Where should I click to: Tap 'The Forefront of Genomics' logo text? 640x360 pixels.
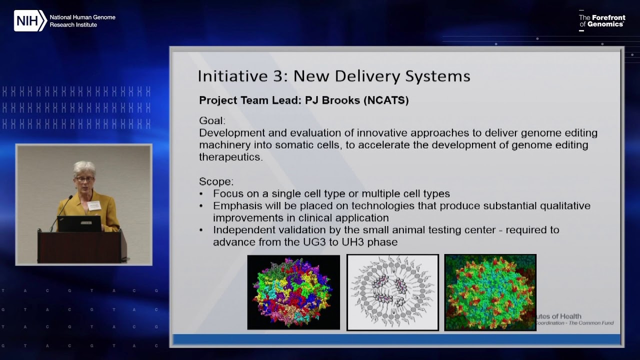point(602,21)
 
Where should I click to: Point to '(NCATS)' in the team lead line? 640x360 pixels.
point(386,100)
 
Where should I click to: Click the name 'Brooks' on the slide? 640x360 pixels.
point(341,100)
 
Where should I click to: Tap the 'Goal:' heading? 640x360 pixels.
point(212,121)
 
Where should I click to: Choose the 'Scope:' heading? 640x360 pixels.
point(216,181)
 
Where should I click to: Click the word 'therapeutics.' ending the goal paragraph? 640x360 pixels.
point(230,157)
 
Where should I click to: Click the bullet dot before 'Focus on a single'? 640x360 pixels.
point(201,194)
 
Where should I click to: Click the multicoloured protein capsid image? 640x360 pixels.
point(293,292)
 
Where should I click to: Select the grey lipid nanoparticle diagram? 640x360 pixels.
point(392,292)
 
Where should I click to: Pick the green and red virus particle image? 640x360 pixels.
point(490,292)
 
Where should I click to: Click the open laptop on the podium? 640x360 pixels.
point(79,223)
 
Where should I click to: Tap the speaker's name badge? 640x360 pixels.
point(94,205)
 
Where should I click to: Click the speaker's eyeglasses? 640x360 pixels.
point(84,178)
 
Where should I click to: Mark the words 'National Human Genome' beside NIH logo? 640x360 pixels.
point(82,17)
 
